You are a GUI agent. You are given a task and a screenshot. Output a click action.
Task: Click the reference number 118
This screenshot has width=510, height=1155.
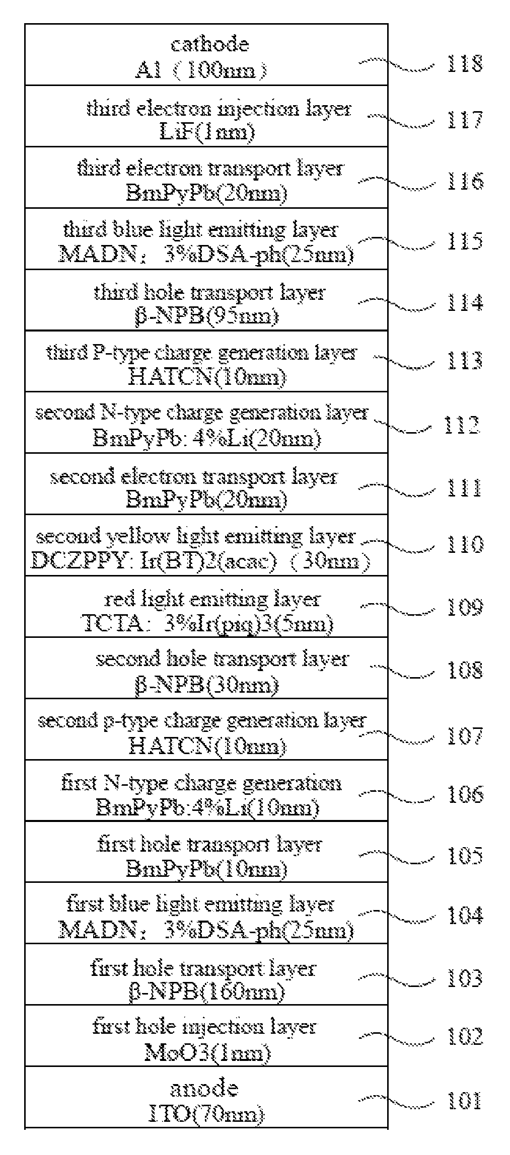[x=465, y=63]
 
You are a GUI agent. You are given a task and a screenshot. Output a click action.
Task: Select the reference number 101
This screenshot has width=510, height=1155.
[x=465, y=1100]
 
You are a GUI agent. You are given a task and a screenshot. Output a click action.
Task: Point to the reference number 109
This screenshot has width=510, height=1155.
[x=465, y=608]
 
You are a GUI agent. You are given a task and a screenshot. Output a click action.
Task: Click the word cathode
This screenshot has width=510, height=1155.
[x=209, y=44]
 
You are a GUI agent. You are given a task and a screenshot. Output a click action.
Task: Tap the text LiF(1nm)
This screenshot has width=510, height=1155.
[x=206, y=132]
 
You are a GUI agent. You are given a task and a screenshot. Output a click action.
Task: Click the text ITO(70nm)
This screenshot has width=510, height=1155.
[x=206, y=1115]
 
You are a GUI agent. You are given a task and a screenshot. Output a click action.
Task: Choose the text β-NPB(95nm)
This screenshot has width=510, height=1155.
[x=206, y=316]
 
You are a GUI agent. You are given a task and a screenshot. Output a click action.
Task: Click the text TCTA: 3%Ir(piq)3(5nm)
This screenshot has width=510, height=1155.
[x=207, y=624]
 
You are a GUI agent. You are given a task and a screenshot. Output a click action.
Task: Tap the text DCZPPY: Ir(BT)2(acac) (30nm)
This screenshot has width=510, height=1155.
[x=200, y=561]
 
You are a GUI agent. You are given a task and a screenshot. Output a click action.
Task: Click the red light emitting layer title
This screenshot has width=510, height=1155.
[x=212, y=600]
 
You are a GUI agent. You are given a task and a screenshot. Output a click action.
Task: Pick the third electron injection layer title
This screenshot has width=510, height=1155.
[x=219, y=109]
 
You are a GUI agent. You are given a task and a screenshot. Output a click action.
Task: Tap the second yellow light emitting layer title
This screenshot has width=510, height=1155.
[x=195, y=536]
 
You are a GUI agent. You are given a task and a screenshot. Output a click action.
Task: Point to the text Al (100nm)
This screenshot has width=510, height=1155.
[x=200, y=70]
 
